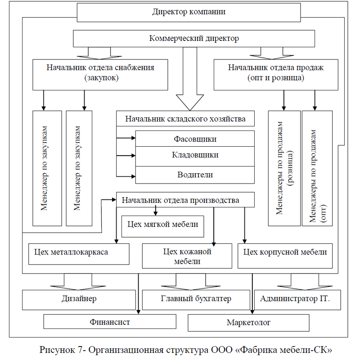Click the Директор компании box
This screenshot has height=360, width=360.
[189, 13]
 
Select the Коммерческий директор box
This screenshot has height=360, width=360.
[194, 39]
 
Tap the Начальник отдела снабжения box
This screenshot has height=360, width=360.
[100, 75]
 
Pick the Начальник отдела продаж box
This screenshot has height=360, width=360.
[276, 75]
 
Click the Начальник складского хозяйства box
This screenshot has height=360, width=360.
[185, 118]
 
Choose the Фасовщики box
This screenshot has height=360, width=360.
[195, 139]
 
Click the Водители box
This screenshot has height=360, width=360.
[195, 175]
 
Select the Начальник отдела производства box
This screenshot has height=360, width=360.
[185, 200]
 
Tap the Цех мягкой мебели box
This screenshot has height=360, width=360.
[162, 226]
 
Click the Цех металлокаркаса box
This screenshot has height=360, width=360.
[79, 254]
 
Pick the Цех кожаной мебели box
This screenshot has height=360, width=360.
[187, 256]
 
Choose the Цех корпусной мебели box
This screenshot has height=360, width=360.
[285, 256]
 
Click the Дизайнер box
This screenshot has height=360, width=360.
[79, 300]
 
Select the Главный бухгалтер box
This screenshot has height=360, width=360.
[196, 300]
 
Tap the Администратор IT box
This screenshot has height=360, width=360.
[297, 300]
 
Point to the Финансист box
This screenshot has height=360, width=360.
[110, 322]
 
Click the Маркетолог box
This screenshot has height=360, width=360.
[248, 323]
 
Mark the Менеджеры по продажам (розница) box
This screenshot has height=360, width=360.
[284, 168]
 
